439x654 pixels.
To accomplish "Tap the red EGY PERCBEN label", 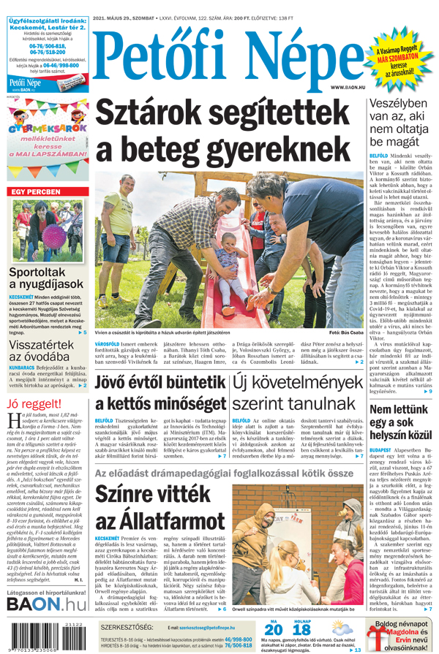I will (34, 191).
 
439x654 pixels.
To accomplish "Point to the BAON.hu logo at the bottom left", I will (45, 604).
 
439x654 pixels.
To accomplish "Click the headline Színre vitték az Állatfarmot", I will (160, 510).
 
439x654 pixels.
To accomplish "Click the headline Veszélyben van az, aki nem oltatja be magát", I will (402, 122).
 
